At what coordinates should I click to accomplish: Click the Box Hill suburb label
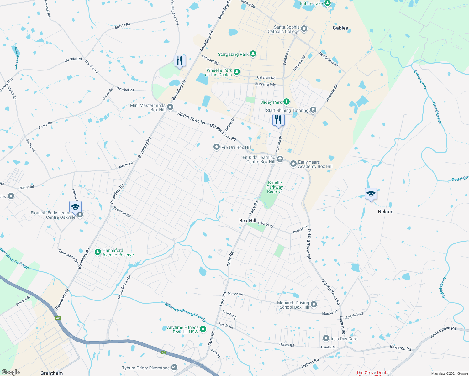[248, 221]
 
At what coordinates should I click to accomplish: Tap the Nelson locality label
[385, 211]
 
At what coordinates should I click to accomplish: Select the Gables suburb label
[340, 28]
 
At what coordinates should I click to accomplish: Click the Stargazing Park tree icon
[253, 54]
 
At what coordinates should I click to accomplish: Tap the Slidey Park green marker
[286, 102]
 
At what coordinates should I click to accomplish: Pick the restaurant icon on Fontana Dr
[278, 120]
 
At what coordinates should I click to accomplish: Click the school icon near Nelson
[371, 194]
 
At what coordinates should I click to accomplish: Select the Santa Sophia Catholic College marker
[304, 29]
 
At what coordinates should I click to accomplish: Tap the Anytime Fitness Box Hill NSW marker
[203, 329]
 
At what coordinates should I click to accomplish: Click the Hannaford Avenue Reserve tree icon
[98, 252]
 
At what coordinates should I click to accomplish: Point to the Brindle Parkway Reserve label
[275, 187]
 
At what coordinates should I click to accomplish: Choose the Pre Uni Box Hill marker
[216, 147]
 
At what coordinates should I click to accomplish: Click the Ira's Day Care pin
[326, 338]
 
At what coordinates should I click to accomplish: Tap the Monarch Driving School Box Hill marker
[314, 305]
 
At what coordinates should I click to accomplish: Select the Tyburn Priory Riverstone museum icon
[174, 368]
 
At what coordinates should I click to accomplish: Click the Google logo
[11, 372]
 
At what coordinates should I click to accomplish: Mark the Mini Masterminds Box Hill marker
[170, 107]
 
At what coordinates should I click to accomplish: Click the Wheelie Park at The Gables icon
[237, 72]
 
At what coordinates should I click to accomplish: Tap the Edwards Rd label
[400, 348]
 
